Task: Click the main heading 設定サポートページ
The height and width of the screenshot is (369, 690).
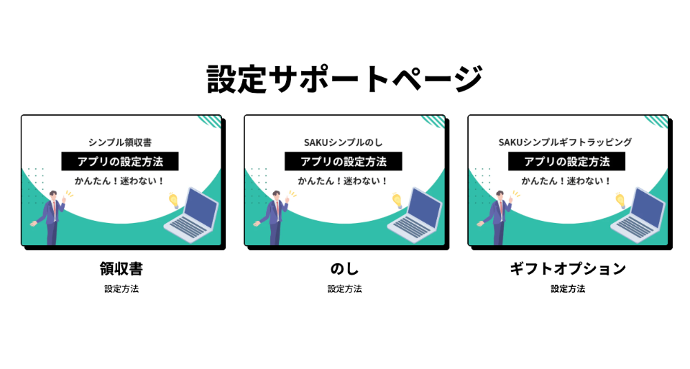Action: tap(345, 79)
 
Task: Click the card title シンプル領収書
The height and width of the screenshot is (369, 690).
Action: tap(120, 142)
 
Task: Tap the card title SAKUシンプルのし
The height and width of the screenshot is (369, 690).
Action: tap(344, 142)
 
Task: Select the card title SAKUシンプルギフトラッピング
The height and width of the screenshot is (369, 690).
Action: tap(566, 142)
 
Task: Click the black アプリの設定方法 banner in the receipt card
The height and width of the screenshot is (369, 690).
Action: tap(120, 161)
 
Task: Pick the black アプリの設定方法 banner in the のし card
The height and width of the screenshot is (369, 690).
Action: tap(344, 161)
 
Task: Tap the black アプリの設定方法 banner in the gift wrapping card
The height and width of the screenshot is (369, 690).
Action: tap(567, 161)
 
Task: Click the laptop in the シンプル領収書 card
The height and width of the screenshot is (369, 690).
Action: tap(191, 215)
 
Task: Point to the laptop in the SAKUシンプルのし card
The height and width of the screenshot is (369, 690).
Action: tap(415, 215)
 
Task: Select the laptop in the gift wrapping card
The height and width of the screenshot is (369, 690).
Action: tap(638, 215)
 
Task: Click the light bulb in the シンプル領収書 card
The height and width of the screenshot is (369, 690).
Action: tap(173, 201)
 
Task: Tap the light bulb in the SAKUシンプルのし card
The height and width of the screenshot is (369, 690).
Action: tap(397, 201)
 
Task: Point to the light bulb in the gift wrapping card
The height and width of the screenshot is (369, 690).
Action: tap(620, 201)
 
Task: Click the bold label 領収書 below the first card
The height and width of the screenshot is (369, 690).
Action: tap(121, 268)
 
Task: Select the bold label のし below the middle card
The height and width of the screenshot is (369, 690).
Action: tap(344, 268)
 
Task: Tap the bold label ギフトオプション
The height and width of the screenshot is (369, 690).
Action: tap(568, 268)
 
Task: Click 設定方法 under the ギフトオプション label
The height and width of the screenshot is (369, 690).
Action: tap(568, 289)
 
